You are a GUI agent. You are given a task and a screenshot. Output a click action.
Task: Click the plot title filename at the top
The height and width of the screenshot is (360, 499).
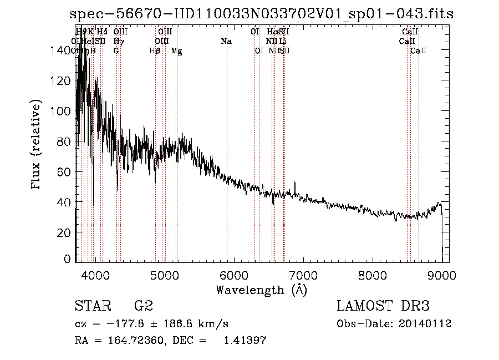click(x=262, y=14)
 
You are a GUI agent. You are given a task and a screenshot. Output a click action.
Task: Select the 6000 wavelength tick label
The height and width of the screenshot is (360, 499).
click(x=233, y=276)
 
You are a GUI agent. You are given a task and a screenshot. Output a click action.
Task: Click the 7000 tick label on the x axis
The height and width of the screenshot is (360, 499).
click(x=303, y=276)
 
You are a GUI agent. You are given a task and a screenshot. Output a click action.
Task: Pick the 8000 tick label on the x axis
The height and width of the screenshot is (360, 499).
click(x=372, y=276)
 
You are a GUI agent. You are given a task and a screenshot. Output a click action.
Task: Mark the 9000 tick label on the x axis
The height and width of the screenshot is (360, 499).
click(x=441, y=276)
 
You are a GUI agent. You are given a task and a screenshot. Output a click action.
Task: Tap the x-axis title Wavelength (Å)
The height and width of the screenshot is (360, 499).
click(x=261, y=290)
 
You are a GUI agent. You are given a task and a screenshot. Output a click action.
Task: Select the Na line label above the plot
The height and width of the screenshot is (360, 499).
click(x=226, y=42)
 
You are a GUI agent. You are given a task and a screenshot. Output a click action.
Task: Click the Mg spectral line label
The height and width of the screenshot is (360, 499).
click(x=176, y=51)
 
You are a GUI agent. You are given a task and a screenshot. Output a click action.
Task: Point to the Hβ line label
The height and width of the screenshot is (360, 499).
click(x=155, y=51)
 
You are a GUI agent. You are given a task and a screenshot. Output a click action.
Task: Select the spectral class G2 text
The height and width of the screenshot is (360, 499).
click(x=144, y=306)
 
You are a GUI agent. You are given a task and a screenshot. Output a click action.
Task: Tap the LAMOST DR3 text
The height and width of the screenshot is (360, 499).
click(x=383, y=306)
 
